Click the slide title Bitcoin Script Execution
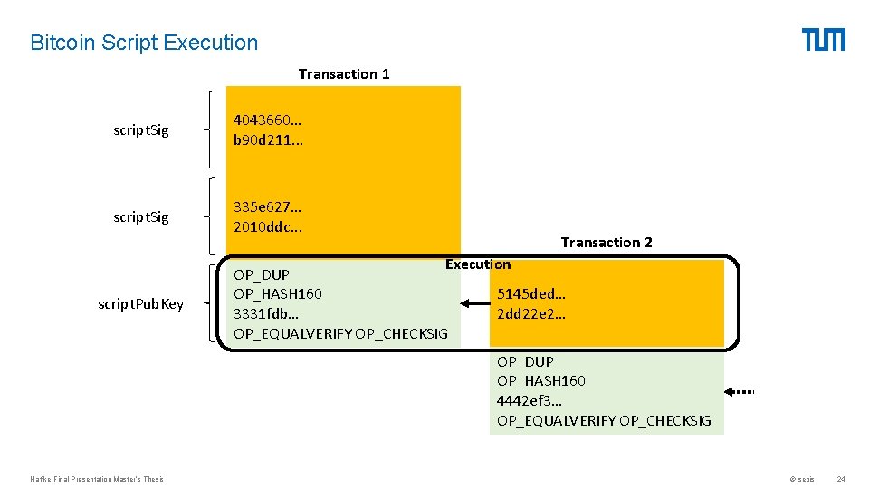(144, 43)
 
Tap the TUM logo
(823, 40)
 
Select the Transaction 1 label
(344, 74)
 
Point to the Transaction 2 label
(606, 242)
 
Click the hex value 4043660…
(268, 120)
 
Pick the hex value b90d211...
(268, 140)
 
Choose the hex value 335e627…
(268, 207)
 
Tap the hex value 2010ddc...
(268, 226)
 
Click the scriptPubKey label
(140, 303)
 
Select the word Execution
(478, 264)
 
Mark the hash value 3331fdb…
(266, 313)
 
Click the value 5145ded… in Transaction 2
(531, 294)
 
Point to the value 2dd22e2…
(531, 314)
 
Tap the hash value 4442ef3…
(530, 400)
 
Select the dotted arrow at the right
(740, 392)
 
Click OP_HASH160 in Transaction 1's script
(278, 293)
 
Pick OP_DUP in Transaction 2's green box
(525, 361)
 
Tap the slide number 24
(841, 479)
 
